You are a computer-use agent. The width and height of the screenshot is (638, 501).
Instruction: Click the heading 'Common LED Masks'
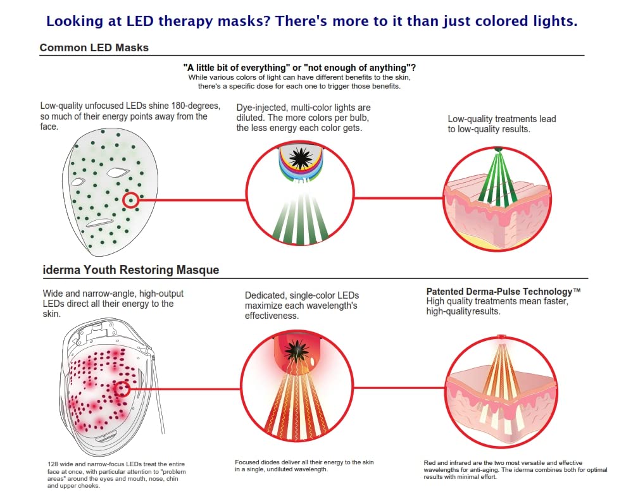point(94,48)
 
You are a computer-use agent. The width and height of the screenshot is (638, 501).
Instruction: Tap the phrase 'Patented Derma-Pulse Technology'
point(503,292)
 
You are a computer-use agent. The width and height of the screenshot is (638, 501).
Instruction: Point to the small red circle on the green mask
point(131,200)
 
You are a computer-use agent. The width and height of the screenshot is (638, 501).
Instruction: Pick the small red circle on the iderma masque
point(122,389)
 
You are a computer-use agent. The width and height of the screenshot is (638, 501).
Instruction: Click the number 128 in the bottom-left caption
point(53,465)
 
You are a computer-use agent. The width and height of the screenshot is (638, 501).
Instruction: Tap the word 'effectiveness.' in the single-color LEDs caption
point(272,316)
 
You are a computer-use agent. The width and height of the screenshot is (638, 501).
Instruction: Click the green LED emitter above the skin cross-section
point(499,149)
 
